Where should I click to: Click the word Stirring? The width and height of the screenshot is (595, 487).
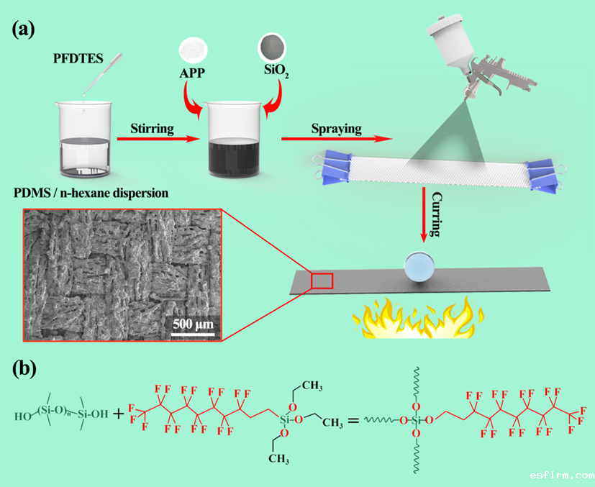pyautogui.click(x=152, y=129)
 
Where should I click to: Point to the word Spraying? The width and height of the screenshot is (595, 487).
pyautogui.click(x=336, y=129)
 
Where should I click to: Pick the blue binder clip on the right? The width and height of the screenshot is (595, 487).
pyautogui.click(x=542, y=176)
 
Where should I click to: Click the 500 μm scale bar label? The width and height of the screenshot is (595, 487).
pyautogui.click(x=193, y=322)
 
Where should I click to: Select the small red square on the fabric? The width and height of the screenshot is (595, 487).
pyautogui.click(x=321, y=280)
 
